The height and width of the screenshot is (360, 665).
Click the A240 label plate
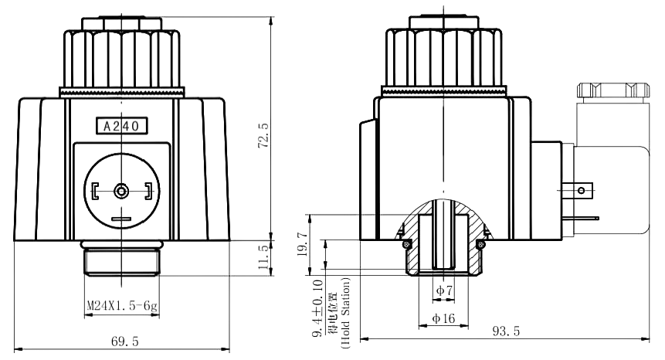click(x=122, y=126)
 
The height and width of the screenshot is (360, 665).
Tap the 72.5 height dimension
click(x=263, y=136)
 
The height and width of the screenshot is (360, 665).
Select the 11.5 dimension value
click(x=263, y=257)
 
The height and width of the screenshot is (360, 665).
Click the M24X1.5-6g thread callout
click(x=122, y=305)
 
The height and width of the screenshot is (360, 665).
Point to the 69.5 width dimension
click(x=124, y=341)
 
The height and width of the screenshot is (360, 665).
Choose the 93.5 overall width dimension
click(x=506, y=331)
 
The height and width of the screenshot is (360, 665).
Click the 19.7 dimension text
click(x=302, y=244)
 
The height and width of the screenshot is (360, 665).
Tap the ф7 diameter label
click(x=444, y=290)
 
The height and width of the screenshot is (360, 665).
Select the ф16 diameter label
click(x=443, y=318)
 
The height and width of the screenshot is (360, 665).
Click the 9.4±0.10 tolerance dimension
click(x=318, y=308)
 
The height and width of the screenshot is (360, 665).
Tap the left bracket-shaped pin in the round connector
click(x=94, y=192)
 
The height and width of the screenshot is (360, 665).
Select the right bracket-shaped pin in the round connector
click(x=149, y=192)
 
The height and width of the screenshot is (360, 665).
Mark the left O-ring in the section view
click(x=406, y=244)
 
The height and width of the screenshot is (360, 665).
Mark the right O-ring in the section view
click(x=480, y=244)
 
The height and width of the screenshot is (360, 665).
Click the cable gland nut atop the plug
click(x=613, y=90)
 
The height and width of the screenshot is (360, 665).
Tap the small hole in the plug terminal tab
click(x=581, y=190)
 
